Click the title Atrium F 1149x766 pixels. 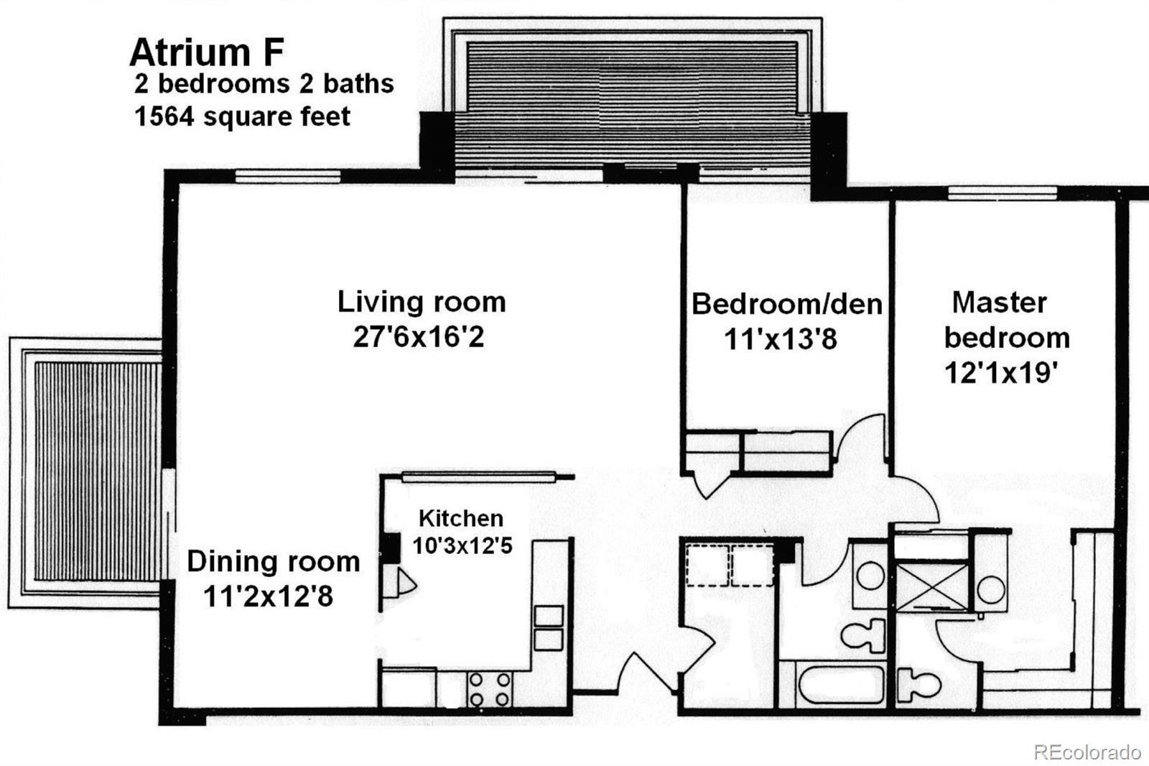point(207,52)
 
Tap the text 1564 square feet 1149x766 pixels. point(242,116)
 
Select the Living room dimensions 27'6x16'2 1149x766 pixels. point(419,337)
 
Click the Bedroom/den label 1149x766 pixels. point(787,304)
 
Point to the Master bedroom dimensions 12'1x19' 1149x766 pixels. point(1001,372)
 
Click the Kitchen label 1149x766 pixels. point(460,519)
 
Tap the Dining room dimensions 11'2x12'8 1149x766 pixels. point(269,596)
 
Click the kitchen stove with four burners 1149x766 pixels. point(489,689)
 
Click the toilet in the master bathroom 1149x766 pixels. point(919,684)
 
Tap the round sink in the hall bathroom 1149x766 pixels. point(870,575)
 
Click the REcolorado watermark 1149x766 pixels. point(1087,752)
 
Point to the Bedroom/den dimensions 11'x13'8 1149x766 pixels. point(780,339)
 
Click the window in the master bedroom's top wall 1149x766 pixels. point(1002,193)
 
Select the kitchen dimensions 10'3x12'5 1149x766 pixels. point(462,545)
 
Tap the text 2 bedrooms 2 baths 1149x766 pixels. point(264,83)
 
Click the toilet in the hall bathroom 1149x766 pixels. point(864,635)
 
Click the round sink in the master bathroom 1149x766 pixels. point(990,590)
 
